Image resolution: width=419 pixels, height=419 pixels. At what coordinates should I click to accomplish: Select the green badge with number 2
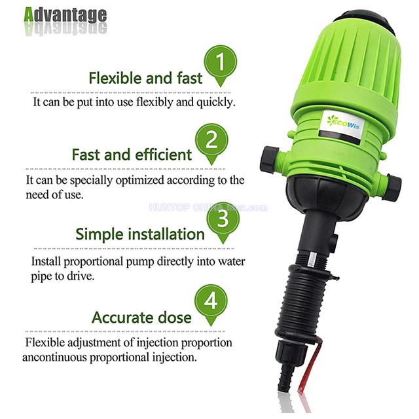click(211, 140)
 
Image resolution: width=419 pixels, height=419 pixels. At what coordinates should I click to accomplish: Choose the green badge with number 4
click(211, 302)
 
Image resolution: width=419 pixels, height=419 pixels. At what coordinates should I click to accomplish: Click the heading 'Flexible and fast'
click(145, 79)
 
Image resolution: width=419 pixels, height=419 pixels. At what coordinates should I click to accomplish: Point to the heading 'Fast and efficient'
click(132, 155)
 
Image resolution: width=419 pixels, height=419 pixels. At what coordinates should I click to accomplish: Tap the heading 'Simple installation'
click(140, 234)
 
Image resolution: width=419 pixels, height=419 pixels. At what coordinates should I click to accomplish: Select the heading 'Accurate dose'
click(141, 318)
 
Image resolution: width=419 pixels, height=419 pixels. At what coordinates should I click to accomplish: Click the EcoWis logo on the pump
click(343, 119)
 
